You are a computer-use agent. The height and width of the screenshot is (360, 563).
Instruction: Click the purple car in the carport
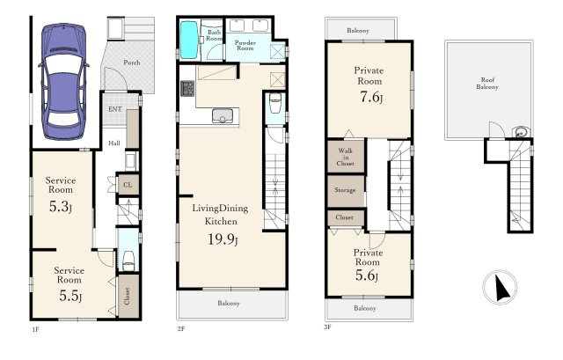[x=64, y=82]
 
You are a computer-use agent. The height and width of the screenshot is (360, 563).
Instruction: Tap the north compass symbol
[x=501, y=287]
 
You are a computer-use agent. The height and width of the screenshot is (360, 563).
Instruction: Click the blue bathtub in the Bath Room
[x=189, y=40]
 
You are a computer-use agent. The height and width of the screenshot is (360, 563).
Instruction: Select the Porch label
[x=132, y=62]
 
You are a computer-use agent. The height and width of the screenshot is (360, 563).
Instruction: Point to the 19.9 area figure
[x=223, y=239]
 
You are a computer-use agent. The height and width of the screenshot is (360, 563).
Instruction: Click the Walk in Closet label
[x=346, y=157]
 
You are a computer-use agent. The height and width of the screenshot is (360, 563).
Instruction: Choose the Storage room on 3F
[x=346, y=190]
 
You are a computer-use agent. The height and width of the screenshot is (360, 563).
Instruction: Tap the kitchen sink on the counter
[x=223, y=116]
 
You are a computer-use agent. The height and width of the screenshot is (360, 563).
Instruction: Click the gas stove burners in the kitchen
[x=187, y=89]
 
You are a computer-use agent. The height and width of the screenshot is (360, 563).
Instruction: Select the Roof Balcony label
[x=487, y=84]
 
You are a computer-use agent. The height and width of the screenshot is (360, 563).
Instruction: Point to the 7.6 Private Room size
[x=371, y=97]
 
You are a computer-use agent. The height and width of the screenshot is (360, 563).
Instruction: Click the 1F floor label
[x=35, y=329]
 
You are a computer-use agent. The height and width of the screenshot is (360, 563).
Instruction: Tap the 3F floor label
[x=327, y=327]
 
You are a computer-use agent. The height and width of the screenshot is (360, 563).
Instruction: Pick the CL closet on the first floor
[x=128, y=185]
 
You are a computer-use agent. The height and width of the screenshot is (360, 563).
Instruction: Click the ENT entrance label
[x=115, y=109]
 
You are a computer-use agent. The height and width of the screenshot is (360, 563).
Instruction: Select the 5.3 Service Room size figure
[x=61, y=206]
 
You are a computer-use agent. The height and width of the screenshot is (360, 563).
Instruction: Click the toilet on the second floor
[x=275, y=103]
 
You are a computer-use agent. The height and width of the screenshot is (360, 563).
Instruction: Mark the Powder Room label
[x=245, y=45]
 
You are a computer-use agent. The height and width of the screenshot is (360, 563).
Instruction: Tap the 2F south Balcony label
[x=229, y=304]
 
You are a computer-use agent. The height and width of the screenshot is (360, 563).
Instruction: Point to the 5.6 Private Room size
[x=367, y=276]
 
